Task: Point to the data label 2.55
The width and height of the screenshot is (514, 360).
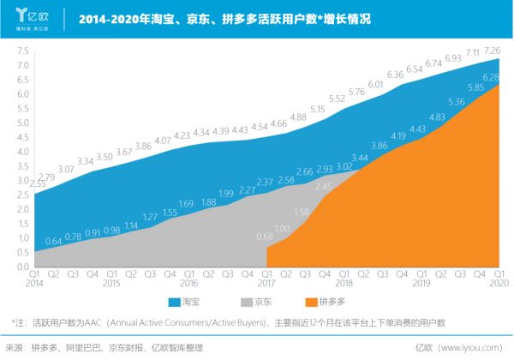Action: click(x=37, y=183)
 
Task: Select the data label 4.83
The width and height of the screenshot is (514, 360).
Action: click(x=436, y=117)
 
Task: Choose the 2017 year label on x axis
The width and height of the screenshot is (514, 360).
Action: click(x=266, y=282)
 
